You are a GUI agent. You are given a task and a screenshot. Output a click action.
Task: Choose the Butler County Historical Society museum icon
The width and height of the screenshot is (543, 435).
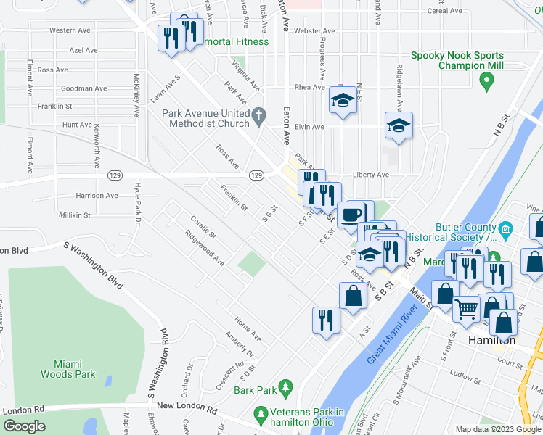[x=507, y=231]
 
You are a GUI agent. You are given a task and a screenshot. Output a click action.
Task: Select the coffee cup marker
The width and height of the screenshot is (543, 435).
[x=351, y=215]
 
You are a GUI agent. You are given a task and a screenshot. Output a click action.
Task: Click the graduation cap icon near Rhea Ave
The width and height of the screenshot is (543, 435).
[x=341, y=101]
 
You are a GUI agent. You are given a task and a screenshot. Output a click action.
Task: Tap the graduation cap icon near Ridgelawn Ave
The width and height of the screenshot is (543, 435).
[x=399, y=126]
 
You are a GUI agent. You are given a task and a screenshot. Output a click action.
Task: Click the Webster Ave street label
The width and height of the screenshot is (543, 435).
[x=314, y=31]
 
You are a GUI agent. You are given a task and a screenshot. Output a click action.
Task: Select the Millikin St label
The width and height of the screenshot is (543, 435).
[x=74, y=215]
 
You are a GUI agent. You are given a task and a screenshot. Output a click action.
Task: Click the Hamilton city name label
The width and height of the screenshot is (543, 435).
[x=491, y=340]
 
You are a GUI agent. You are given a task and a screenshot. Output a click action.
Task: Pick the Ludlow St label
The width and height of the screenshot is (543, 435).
[x=465, y=375]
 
